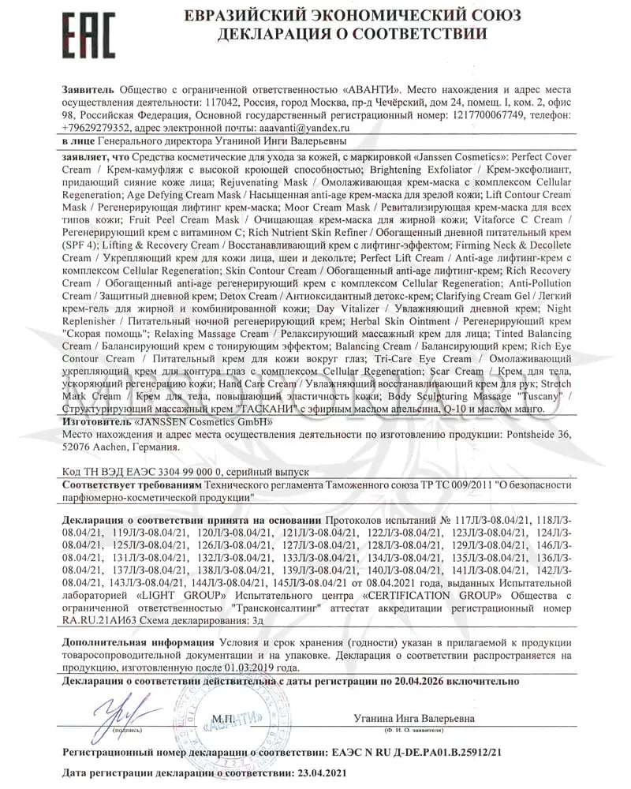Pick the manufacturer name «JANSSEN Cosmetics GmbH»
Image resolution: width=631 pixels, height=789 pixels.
coord(203,422)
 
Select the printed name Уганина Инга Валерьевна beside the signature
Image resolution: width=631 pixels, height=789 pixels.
coord(413,719)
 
